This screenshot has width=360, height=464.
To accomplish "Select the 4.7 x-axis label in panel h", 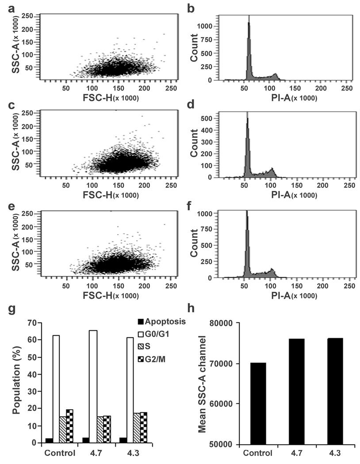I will point(295,454).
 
